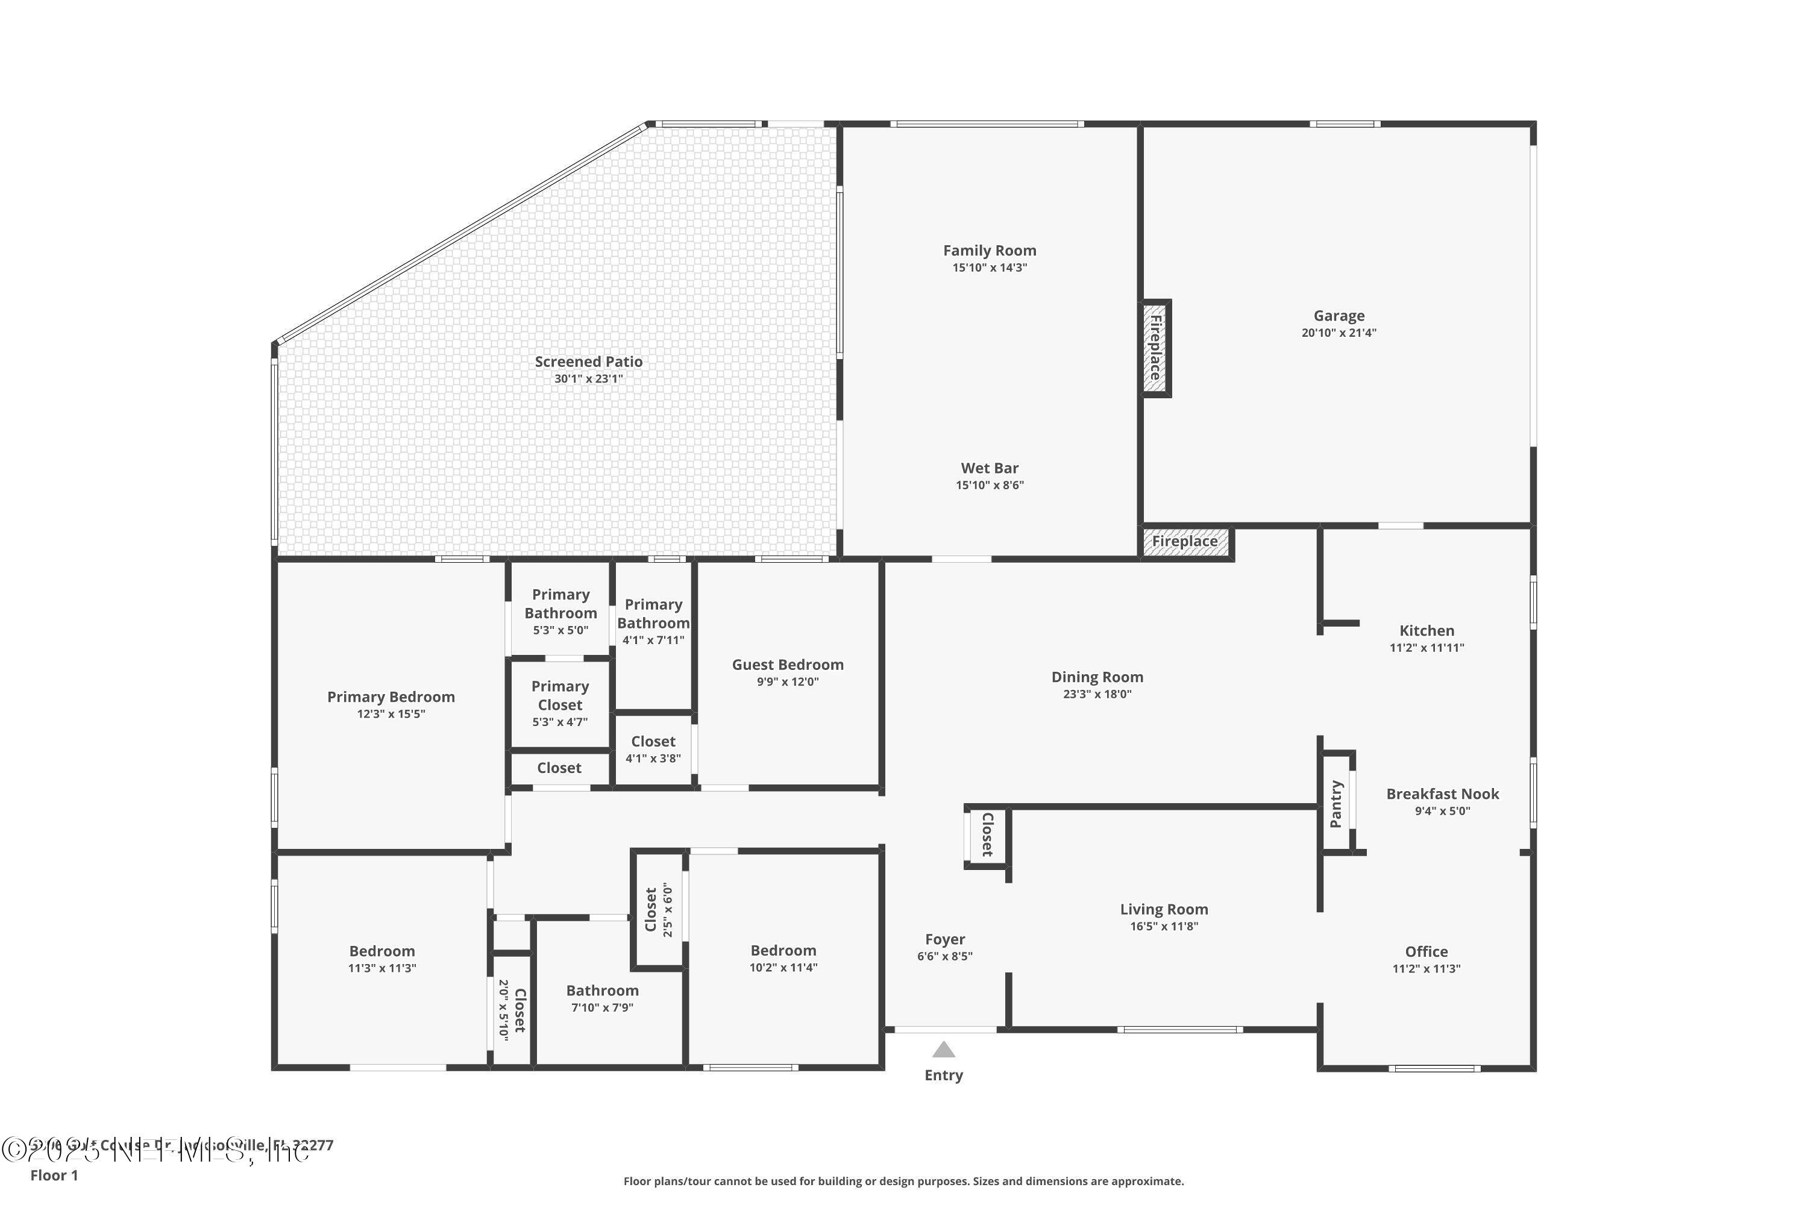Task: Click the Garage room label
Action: pyautogui.click(x=1339, y=316)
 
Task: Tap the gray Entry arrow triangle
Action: pyautogui.click(x=943, y=1050)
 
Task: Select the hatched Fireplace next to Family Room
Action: pyautogui.click(x=1155, y=348)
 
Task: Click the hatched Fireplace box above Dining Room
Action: pyautogui.click(x=1185, y=541)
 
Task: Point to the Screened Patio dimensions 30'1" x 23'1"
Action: pyautogui.click(x=588, y=379)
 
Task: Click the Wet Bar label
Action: pyautogui.click(x=990, y=468)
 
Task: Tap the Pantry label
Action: pyautogui.click(x=1336, y=804)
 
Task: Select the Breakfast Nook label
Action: pyautogui.click(x=1442, y=794)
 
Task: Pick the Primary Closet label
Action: pyautogui.click(x=560, y=695)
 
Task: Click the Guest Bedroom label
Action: pyautogui.click(x=787, y=665)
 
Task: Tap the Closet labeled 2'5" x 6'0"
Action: pyautogui.click(x=658, y=910)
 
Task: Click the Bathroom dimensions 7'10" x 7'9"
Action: pyautogui.click(x=602, y=1007)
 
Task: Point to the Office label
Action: pyautogui.click(x=1426, y=951)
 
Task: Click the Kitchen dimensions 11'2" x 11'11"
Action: pyautogui.click(x=1426, y=648)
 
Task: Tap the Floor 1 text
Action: pyautogui.click(x=54, y=1175)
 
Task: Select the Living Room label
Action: pyautogui.click(x=1163, y=909)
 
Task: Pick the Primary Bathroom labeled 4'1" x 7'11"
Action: pyautogui.click(x=653, y=614)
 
